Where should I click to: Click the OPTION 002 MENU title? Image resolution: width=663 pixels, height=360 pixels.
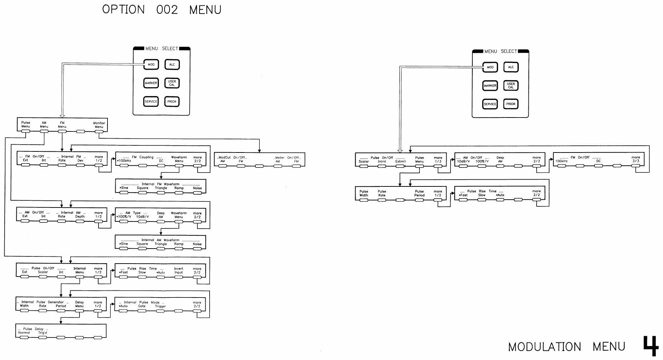pos(162,10)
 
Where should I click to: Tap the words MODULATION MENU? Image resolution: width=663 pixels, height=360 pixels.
pos(567,346)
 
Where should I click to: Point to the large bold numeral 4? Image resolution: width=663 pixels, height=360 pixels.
pos(651,345)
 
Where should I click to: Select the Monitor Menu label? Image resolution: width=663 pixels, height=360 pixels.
pos(99,125)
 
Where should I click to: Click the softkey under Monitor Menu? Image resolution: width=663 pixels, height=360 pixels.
pos(99,131)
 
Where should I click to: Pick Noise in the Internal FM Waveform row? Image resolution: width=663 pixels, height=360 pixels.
pos(197,188)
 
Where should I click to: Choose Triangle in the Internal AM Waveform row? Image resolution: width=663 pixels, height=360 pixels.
pos(161,244)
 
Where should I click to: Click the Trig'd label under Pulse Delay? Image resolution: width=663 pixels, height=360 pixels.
pos(42,333)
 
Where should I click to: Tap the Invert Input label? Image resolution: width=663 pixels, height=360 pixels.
pos(179,270)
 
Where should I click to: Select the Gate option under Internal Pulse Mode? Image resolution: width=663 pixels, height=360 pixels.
pos(142,306)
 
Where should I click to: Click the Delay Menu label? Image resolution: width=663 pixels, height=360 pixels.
pos(79,304)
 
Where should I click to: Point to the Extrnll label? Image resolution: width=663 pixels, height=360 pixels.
pos(401,161)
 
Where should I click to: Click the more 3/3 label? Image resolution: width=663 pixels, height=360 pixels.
pos(636,159)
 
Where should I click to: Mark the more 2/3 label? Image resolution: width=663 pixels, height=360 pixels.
pos(537,159)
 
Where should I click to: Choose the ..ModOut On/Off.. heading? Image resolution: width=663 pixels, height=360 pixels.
pos(232,157)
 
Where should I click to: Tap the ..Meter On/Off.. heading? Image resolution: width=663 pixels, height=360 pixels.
pos(287,157)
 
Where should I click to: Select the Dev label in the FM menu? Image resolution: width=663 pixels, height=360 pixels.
pos(80,160)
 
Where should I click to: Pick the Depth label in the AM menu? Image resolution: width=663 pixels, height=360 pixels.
pos(80,216)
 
